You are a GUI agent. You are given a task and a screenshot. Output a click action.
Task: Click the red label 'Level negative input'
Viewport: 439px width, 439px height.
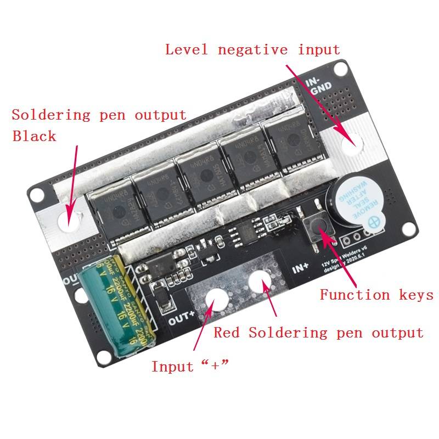coord(252,50)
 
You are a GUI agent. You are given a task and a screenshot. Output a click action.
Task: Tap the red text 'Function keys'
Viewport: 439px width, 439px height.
coord(376,295)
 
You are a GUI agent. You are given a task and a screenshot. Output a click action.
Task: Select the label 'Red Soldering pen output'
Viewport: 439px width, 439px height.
coord(318,333)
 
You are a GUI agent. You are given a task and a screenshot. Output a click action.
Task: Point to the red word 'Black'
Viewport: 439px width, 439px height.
coord(34,136)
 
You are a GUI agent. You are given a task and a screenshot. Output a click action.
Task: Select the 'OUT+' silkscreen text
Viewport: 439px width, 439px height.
coord(182,316)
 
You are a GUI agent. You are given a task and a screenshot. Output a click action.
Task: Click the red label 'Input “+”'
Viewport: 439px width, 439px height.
coord(189,366)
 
